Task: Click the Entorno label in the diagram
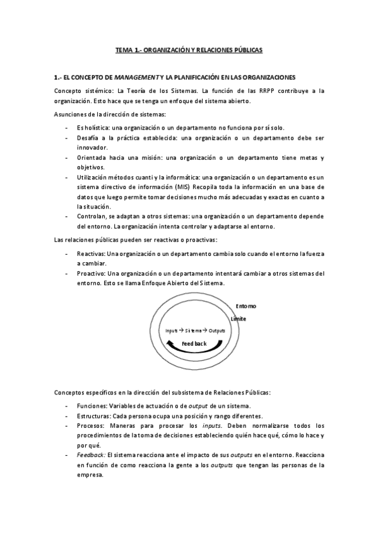click(246, 306)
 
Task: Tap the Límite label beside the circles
click(238, 319)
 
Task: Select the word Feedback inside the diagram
click(194, 343)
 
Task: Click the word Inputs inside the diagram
click(172, 331)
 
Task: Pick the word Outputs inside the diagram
click(217, 331)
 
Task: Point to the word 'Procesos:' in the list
click(91, 426)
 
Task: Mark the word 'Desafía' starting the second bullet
click(88, 137)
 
